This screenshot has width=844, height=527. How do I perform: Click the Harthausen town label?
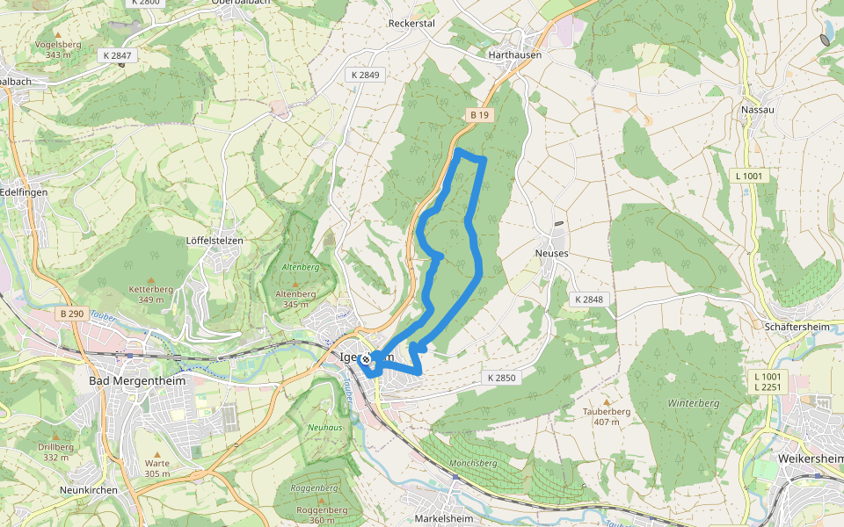[514, 54]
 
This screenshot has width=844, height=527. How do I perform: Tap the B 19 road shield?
[478, 115]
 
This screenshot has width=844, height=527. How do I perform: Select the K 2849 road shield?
[365, 76]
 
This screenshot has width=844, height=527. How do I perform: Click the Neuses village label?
[551, 253]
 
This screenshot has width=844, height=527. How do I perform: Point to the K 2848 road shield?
[589, 300]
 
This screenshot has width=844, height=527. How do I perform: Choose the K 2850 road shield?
[502, 378]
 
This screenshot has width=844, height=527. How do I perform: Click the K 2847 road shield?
[117, 55]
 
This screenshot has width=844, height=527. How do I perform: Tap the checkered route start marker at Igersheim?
[365, 358]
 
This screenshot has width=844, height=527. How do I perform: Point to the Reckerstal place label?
[411, 24]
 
